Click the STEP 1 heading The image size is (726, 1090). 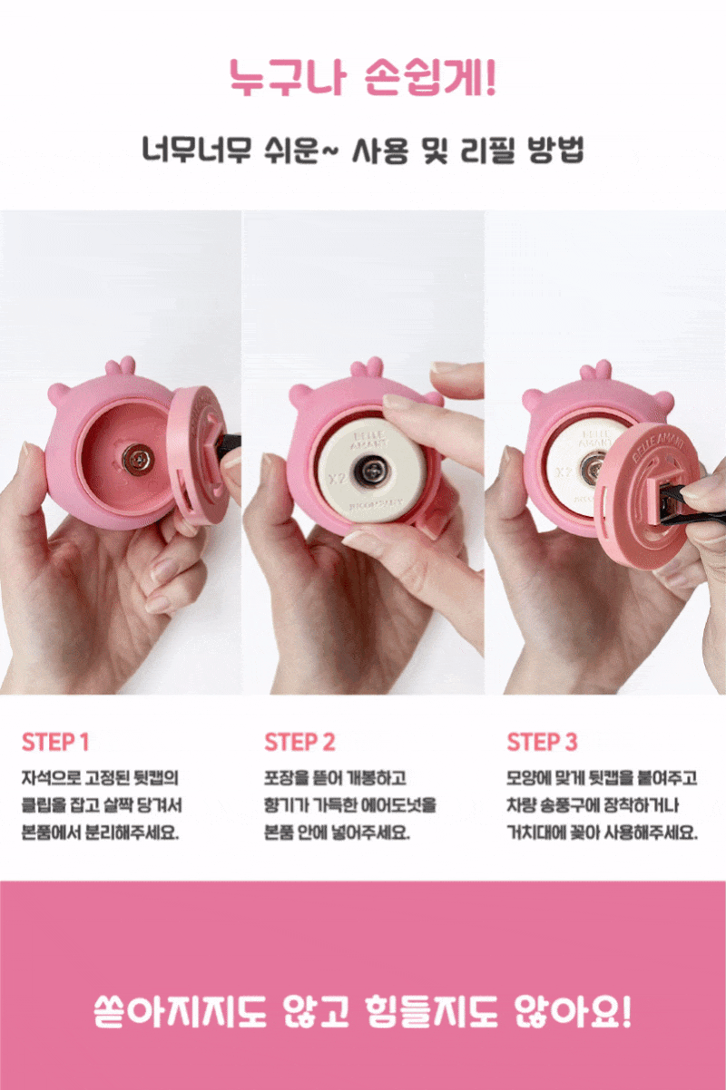click(55, 742)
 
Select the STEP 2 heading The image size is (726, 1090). click(299, 742)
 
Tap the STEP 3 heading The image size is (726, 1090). click(542, 742)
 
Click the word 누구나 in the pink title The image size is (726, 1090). click(288, 78)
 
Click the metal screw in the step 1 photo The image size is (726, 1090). click(138, 459)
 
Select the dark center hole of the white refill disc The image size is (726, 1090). click(371, 471)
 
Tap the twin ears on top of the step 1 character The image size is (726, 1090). click(121, 365)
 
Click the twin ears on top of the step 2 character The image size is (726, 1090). click(368, 368)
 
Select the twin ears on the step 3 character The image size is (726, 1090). click(596, 370)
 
